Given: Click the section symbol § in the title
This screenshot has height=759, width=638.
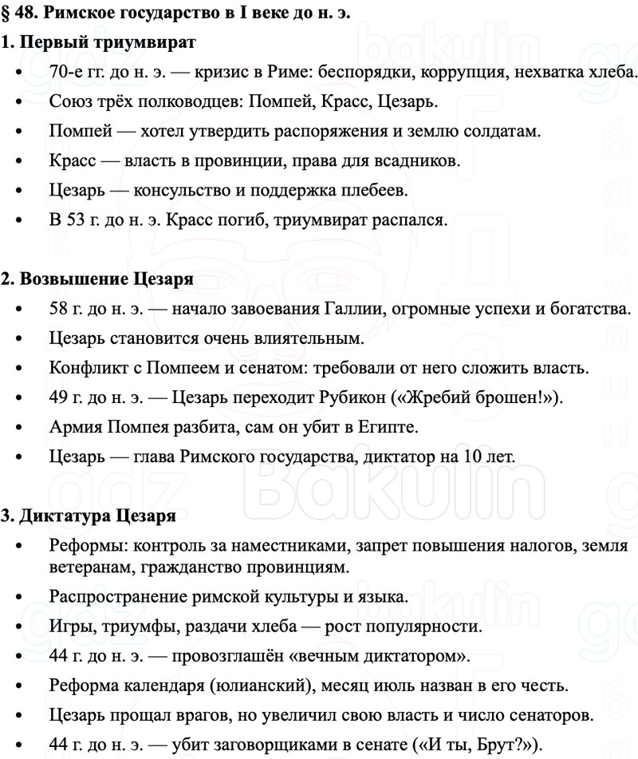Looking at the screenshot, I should [x=6, y=13].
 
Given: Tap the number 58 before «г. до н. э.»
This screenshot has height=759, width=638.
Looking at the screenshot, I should [x=59, y=309].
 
